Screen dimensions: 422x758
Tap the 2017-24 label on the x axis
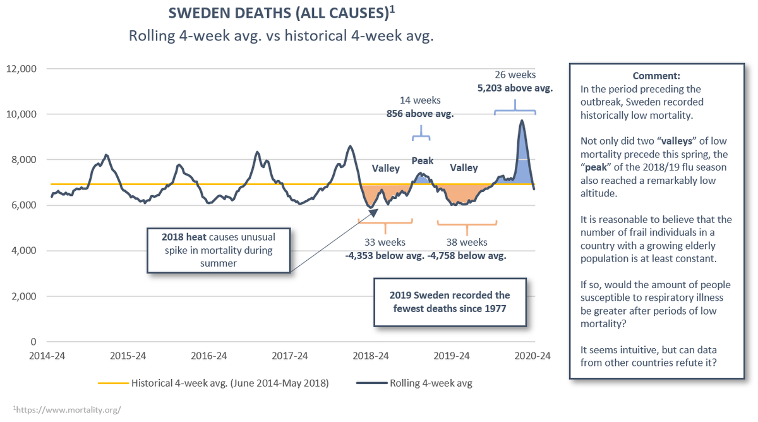[x=291, y=355]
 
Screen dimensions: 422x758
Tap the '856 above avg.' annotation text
[x=420, y=114]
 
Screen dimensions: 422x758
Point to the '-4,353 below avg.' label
[x=385, y=256]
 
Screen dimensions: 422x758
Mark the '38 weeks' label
[x=467, y=242]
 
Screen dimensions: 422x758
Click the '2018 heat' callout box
[x=219, y=250]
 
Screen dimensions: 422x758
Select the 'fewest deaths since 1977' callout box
[x=450, y=302]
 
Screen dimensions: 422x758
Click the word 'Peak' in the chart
[x=423, y=160]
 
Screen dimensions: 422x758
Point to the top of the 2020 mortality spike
[x=522, y=121]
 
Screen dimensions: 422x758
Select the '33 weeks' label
[x=385, y=242]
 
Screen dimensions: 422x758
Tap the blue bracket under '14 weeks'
[x=421, y=135]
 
